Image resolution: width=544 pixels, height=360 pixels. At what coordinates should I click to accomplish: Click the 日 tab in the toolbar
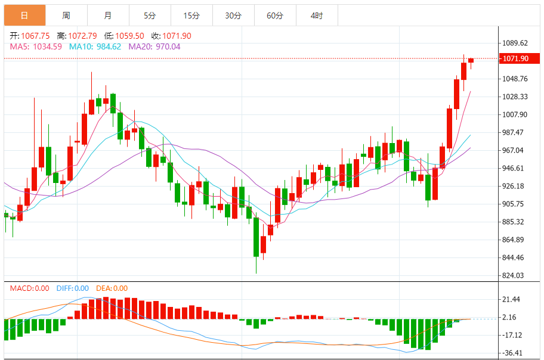(x=24, y=15)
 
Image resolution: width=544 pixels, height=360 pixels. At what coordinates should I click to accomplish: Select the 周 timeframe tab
(x=66, y=15)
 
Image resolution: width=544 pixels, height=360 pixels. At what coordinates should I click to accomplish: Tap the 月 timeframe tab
(x=107, y=15)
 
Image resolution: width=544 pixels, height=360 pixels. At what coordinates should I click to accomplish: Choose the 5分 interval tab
(x=150, y=15)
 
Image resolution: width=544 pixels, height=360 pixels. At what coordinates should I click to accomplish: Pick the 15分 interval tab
(x=191, y=15)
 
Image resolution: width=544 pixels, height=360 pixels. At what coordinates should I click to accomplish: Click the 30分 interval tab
(x=233, y=15)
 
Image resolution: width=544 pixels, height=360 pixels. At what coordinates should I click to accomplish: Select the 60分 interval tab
(x=275, y=15)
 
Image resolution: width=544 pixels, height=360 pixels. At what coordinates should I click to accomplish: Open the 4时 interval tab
(x=317, y=15)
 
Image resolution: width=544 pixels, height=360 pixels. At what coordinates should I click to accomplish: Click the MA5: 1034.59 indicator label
(x=36, y=46)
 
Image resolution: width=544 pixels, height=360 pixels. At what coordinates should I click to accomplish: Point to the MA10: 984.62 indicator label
(x=95, y=46)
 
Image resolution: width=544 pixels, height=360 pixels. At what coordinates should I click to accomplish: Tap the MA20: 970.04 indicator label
(x=154, y=46)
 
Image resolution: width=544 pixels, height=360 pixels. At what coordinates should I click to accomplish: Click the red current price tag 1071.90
(x=516, y=58)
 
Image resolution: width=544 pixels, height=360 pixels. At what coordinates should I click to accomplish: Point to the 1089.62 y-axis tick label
(x=516, y=43)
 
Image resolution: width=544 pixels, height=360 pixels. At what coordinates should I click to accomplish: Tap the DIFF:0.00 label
(x=73, y=288)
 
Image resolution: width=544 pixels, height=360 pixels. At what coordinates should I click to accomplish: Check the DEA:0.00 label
(x=112, y=288)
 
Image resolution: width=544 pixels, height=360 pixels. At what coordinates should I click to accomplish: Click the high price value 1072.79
(x=82, y=36)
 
